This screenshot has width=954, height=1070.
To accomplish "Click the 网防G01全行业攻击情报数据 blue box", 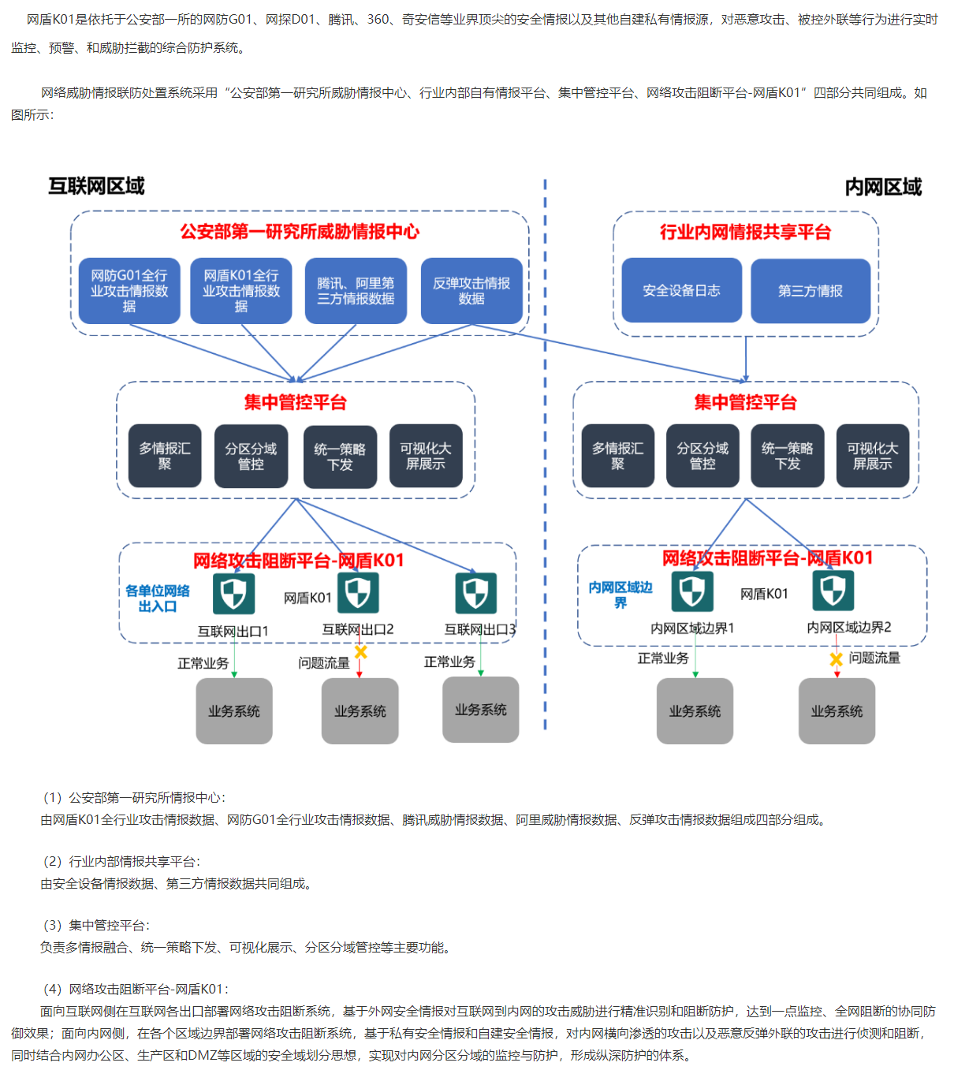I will point(129,290).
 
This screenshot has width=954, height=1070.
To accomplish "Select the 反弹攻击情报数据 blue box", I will point(471,290).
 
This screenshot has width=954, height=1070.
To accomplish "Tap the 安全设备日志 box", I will point(681,290).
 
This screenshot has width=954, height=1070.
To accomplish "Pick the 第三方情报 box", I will point(810,291).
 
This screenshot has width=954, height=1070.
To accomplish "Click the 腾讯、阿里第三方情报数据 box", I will point(356,290).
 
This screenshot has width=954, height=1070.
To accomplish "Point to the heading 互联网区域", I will point(96,186).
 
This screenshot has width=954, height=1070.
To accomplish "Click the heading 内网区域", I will point(883,187).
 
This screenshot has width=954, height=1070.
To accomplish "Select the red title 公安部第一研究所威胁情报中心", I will point(300,231).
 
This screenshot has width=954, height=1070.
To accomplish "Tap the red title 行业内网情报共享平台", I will point(745,232).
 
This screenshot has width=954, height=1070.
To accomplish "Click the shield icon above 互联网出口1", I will point(233,593).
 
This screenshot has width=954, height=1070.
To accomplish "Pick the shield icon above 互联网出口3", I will point(475,593).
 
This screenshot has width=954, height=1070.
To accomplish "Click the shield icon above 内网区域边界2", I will point(833,590).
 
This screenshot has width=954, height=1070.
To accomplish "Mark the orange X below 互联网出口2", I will point(360,652).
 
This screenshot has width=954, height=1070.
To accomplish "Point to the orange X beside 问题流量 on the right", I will point(837,659).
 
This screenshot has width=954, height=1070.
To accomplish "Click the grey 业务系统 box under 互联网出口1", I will point(234,711).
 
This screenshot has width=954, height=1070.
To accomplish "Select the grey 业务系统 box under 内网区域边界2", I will point(837,711).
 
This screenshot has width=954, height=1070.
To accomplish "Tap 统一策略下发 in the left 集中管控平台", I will point(340,457).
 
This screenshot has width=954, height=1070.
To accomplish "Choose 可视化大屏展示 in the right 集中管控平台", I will point(872,456).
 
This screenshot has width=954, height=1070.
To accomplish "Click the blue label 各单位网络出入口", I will point(158,598).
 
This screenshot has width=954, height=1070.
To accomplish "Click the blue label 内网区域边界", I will point(620,595).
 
